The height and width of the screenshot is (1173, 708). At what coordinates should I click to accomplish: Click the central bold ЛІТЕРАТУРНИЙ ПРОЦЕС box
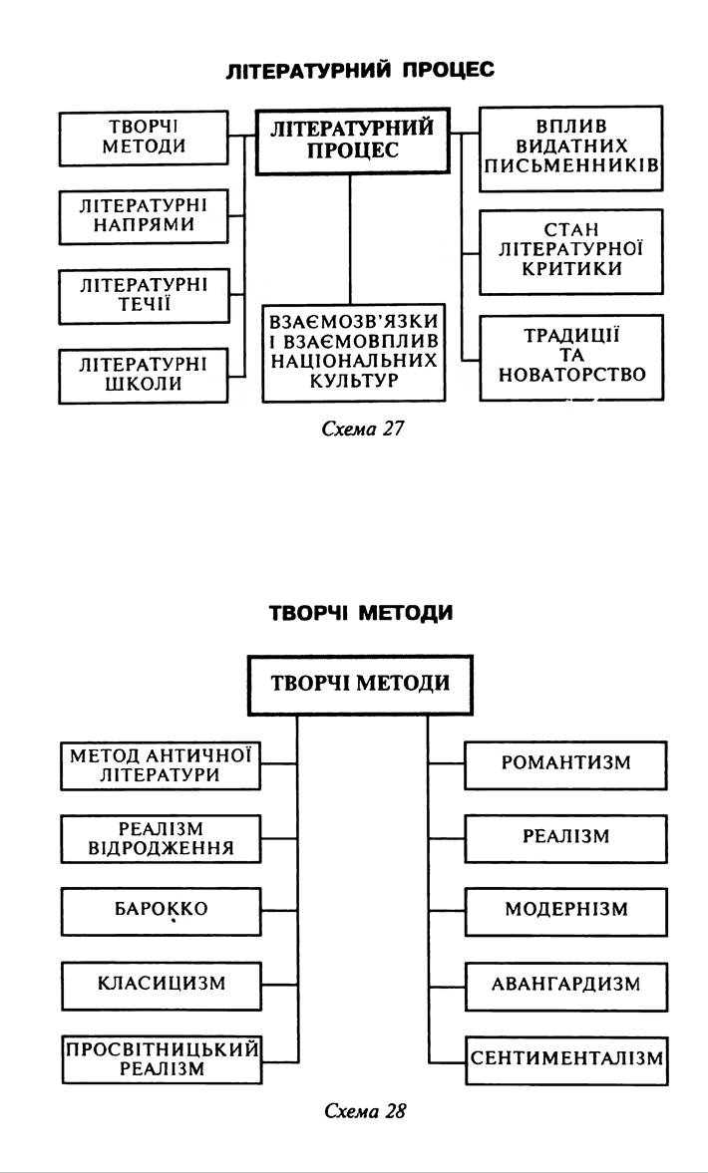351,141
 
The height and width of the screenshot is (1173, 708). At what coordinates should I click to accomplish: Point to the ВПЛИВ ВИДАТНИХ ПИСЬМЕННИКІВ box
570,148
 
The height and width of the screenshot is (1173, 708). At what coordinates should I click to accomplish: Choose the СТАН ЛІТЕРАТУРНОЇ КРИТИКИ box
570,251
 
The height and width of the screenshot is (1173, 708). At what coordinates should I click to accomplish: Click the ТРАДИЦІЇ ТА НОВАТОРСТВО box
570,358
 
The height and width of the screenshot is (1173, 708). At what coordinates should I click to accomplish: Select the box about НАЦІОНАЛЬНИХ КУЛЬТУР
351,352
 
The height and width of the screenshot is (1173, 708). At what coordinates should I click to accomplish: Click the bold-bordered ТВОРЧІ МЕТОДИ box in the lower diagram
360,685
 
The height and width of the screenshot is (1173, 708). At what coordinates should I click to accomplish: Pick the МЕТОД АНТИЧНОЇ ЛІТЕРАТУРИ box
161,764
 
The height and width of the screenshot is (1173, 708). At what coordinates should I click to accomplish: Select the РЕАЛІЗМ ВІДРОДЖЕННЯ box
161,838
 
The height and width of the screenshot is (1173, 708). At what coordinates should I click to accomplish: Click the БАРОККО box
161,911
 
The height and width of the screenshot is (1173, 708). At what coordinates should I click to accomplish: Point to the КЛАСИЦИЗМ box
161,985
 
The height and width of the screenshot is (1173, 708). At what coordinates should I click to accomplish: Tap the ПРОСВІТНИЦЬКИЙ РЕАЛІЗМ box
161,1059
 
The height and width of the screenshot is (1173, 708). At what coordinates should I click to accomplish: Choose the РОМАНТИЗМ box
565,764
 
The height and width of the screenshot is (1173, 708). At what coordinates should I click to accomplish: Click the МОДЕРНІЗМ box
565,911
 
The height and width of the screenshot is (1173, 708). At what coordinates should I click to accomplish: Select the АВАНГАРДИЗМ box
565,985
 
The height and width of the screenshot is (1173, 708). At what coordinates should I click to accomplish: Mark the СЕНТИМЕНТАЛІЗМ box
565,1059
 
